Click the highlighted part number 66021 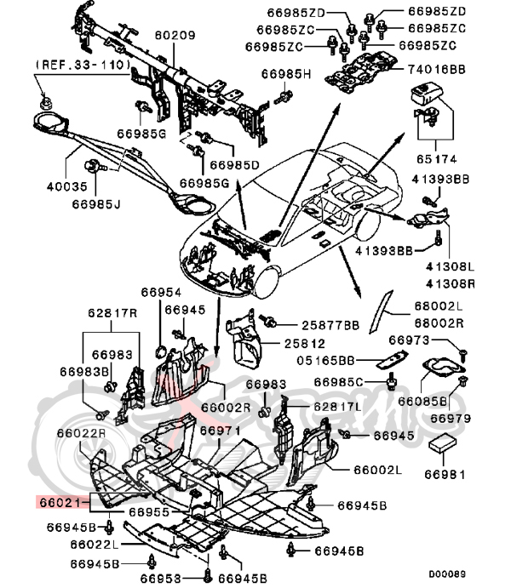point(58,503)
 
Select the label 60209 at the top point(175,37)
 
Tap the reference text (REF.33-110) point(81,65)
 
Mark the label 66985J point(73,203)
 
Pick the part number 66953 point(174,578)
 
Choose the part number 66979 point(451,418)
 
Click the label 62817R point(112,311)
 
